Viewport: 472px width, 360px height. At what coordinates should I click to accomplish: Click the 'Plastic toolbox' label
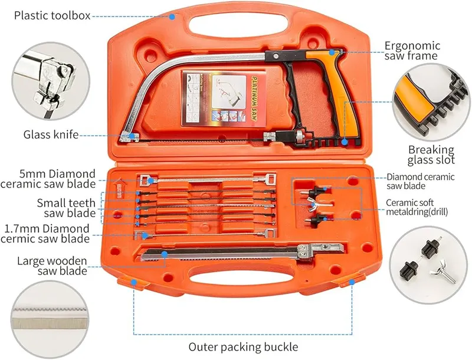click(x=52, y=16)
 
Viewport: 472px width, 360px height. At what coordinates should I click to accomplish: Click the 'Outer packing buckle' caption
click(x=243, y=347)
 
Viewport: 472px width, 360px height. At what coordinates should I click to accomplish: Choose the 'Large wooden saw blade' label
click(x=53, y=266)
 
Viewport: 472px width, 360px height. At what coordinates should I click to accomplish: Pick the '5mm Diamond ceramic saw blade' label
click(x=57, y=179)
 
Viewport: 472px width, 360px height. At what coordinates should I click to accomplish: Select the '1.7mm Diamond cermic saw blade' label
click(x=47, y=234)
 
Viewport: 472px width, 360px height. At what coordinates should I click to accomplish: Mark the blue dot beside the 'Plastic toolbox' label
click(x=172, y=16)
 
